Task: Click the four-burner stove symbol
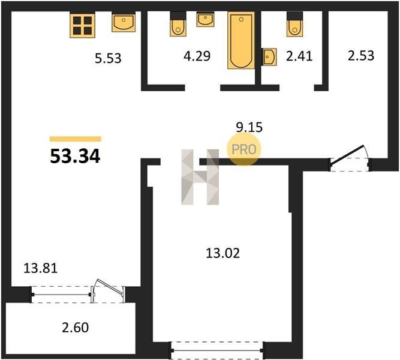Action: point(82,26)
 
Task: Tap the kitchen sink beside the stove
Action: point(124,23)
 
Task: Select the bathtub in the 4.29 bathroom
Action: point(241,40)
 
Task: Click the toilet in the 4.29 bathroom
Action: point(178,24)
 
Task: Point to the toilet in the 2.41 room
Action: point(294,24)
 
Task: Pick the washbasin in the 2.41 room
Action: point(269,56)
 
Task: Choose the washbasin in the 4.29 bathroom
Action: point(205,20)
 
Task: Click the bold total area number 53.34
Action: point(75,156)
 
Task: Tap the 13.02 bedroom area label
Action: point(222,254)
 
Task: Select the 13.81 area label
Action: point(41,268)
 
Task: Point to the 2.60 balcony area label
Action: point(75,328)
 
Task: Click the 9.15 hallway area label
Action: point(249,127)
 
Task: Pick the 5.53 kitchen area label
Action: point(108,58)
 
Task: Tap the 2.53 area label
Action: point(361,56)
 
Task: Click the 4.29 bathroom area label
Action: point(197,56)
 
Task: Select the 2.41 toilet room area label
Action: point(299,56)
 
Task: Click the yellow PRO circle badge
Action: point(243,149)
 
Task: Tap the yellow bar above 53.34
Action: point(76,139)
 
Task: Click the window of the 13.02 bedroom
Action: point(217,350)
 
